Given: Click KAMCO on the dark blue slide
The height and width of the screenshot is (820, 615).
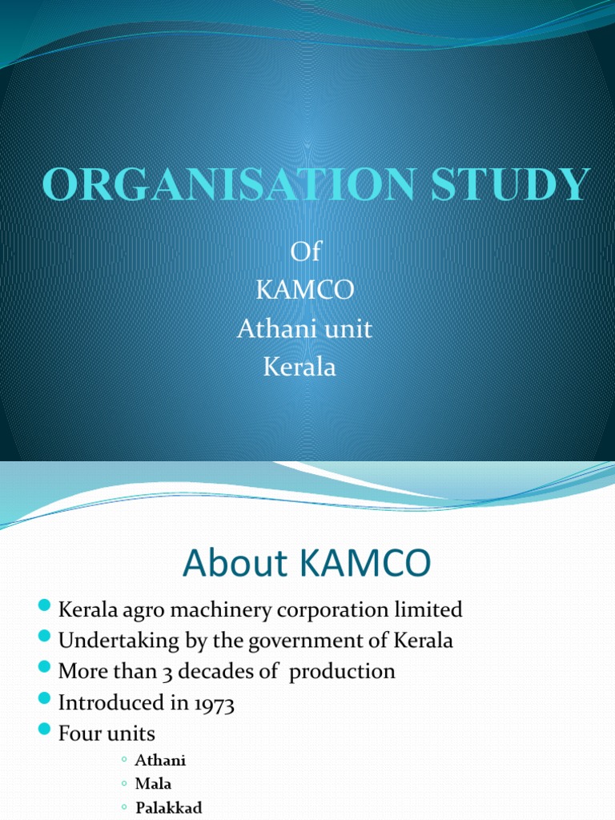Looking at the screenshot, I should pos(304,291).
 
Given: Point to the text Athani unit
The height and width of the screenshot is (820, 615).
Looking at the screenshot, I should pos(304,329).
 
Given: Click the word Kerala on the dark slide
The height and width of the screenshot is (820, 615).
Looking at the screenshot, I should pos(299,368).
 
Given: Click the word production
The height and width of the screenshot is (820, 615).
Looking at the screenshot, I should pos(342,671).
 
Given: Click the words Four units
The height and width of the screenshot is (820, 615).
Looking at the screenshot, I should pos(107,733).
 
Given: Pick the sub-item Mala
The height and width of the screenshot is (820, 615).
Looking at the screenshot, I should pos(153,784).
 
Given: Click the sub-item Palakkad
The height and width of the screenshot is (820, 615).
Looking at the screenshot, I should pos(168,807).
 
